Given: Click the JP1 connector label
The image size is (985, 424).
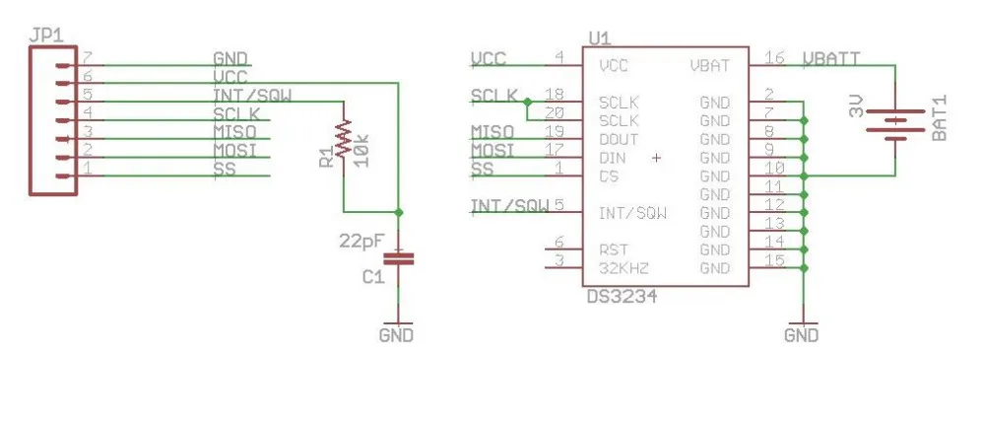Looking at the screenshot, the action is [46, 36].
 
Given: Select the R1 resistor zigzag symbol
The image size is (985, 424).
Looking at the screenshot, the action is [343, 139].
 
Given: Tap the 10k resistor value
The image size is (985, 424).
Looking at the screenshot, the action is [361, 150].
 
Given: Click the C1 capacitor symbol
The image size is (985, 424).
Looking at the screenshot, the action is [399, 257].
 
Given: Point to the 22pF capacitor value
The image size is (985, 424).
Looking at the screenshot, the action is [360, 240].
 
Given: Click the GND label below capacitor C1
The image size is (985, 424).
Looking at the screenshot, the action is [396, 335].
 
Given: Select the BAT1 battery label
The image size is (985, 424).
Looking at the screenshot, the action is [939, 118].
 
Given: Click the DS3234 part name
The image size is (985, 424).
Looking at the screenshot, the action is [622, 296].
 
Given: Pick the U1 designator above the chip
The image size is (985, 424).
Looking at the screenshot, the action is [599, 38].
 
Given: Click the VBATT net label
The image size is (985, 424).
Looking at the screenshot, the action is [831, 58].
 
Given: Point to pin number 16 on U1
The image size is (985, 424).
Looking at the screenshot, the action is [774, 58].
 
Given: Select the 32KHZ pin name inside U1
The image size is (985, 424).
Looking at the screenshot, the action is [624, 268].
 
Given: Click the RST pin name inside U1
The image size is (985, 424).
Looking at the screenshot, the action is [614, 249].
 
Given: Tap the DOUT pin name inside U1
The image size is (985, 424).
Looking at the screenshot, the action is [619, 139].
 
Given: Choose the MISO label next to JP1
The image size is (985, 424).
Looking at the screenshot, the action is [234, 132].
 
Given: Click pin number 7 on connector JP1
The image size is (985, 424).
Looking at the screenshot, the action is [88, 58].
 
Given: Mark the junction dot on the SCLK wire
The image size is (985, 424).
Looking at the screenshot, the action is [526, 102].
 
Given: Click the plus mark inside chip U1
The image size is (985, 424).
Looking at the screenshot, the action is [656, 157].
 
